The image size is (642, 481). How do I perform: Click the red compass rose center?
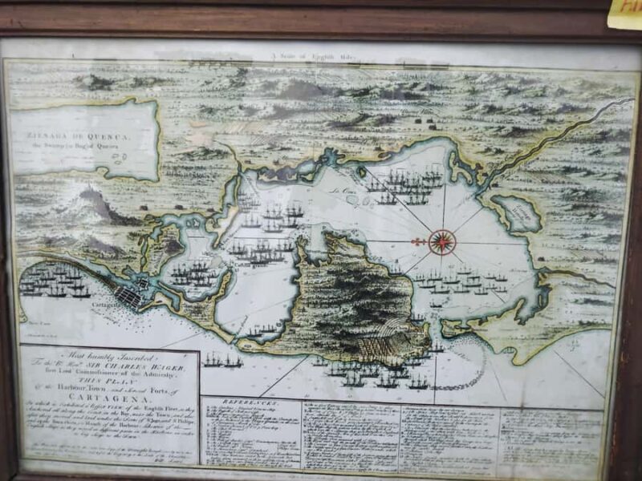pyautogui.click(x=441, y=240)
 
